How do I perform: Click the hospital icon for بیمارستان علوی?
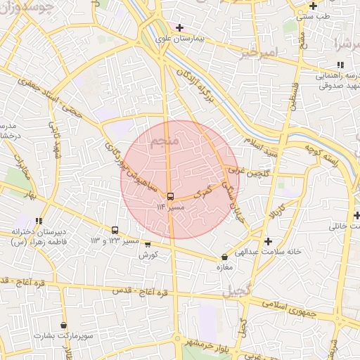click(180, 27)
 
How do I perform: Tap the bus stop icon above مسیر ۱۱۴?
click(171, 196)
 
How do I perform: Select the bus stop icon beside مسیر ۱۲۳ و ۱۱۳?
click(115, 231)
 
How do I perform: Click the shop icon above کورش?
click(148, 244)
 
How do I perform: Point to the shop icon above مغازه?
click(224, 257)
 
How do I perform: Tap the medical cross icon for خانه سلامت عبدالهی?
click(267, 240)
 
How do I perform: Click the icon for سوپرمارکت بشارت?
click(64, 326)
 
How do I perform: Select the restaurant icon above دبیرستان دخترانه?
click(39, 221)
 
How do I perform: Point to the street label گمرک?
click(202, 189)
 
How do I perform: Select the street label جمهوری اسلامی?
click(288, 307)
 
